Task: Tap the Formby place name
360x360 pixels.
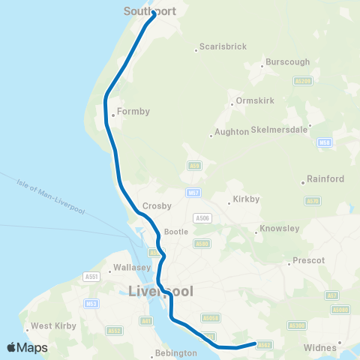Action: pos(133,112)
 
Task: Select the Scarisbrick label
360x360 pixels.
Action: pos(223,47)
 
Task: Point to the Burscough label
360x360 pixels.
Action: pos(288,64)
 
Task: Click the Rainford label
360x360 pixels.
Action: pos(326,179)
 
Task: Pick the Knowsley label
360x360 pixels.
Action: pos(279,228)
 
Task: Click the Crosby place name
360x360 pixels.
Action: pos(157,205)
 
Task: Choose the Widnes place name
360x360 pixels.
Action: pos(322,348)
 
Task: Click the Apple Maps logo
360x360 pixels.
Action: pos(27,347)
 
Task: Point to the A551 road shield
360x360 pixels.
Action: pos(93,277)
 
